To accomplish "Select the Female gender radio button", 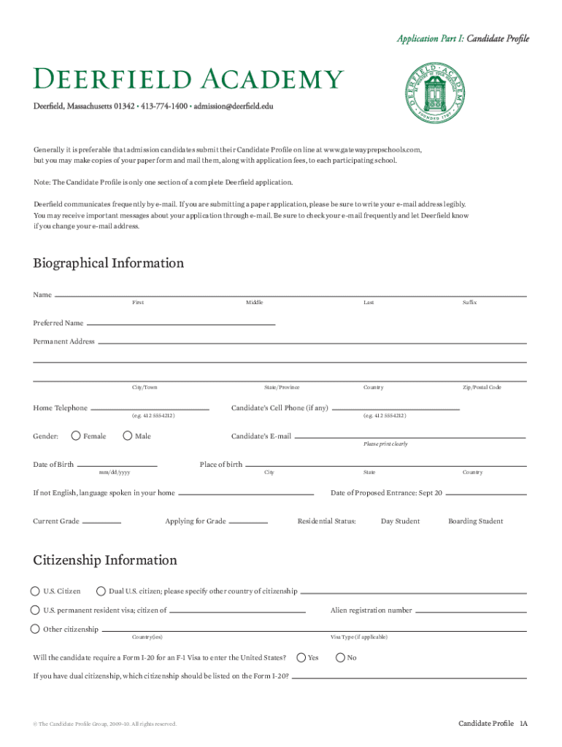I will pyautogui.click(x=76, y=436).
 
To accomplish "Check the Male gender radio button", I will pyautogui.click(x=128, y=436).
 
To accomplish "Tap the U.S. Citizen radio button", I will pyautogui.click(x=35, y=591).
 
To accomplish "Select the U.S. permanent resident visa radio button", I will pyautogui.click(x=35, y=610).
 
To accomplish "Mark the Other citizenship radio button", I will pyautogui.click(x=35, y=629).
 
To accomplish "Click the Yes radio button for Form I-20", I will pyautogui.click(x=301, y=657).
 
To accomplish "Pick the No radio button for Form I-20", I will pyautogui.click(x=340, y=657).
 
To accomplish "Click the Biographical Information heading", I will pyautogui.click(x=108, y=263).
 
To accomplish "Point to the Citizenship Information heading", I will pyautogui.click(x=105, y=560).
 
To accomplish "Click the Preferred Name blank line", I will pyautogui.click(x=180, y=322).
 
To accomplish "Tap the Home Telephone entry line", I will pyautogui.click(x=150, y=408).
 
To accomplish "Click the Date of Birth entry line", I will pyautogui.click(x=117, y=465).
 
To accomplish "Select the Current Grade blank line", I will pyautogui.click(x=102, y=522).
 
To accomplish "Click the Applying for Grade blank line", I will pyautogui.click(x=249, y=522).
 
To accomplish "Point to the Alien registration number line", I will pyautogui.click(x=471, y=611).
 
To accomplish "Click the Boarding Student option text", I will pyautogui.click(x=475, y=522).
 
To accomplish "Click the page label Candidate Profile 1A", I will pyautogui.click(x=492, y=723).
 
